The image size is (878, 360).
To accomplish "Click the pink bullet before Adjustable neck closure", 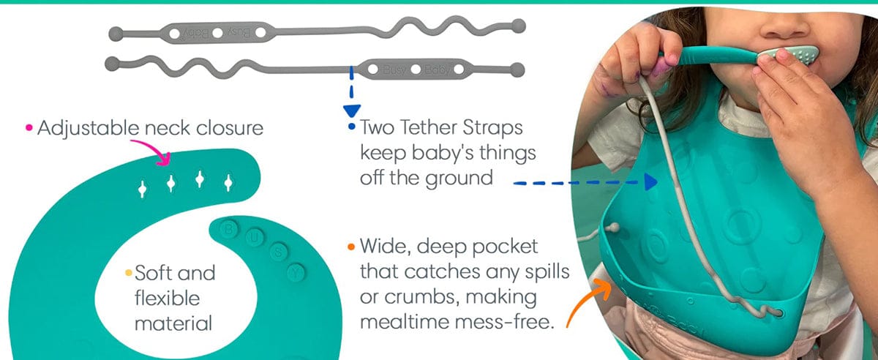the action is (x=29, y=127).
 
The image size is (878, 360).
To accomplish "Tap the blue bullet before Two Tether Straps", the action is (x=352, y=127).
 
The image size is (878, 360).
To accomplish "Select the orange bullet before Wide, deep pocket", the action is (x=351, y=247).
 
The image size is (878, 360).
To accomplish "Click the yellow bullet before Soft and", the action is (x=129, y=272).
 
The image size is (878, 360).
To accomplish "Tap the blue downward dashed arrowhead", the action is (x=352, y=111).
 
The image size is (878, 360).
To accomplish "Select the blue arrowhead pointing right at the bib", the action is (x=651, y=182).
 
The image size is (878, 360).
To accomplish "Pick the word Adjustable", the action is (x=89, y=129).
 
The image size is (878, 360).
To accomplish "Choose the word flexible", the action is (x=168, y=299).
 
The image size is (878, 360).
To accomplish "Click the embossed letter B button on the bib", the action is (x=229, y=228).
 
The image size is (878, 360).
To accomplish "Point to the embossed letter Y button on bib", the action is (x=296, y=272).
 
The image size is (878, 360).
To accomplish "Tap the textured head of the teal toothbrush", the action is (x=791, y=53).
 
